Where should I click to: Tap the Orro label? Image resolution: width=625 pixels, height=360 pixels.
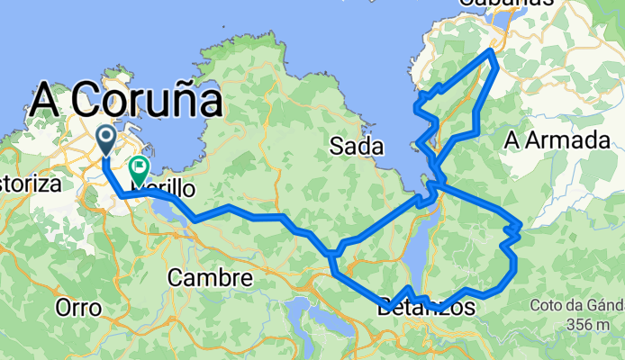(x=78, y=307)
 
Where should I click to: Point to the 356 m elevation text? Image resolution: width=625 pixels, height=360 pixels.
(x=593, y=323)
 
